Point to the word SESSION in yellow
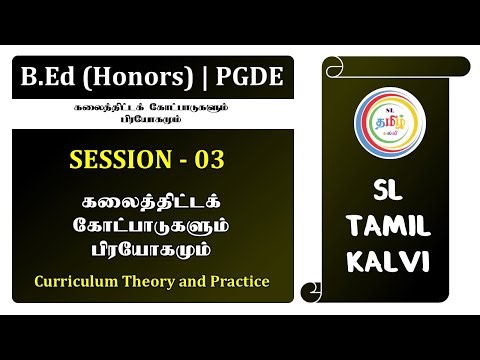(118, 159)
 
